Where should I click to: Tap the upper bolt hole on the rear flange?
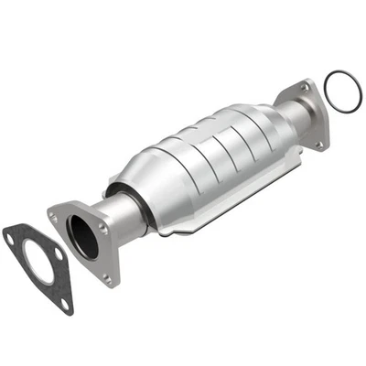tap(306, 88)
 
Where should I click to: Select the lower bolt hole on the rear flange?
tap(319, 143)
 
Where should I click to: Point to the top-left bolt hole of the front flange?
tap(54, 217)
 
